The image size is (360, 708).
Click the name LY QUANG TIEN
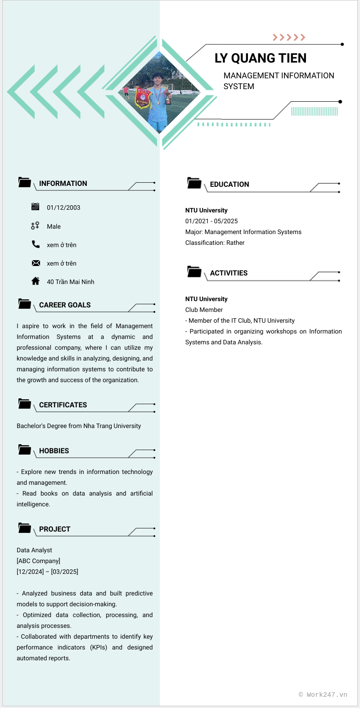261,58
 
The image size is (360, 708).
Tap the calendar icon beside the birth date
36,207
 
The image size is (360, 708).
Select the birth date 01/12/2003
63,207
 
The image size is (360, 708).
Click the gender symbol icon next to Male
35,226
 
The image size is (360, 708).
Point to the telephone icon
36,244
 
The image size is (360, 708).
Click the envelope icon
36,263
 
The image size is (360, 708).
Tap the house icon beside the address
36,281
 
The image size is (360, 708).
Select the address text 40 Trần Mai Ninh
71,282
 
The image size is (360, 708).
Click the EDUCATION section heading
229,184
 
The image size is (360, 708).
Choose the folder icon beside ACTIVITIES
194,272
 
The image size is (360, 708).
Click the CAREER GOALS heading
65,305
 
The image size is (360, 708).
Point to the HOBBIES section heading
54,451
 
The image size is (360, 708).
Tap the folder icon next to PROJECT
25,528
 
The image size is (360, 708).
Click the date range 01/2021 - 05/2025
211,221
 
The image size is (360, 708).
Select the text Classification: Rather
215,243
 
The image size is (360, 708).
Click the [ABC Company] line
39,561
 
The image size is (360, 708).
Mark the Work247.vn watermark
323,694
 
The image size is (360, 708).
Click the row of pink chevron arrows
289,37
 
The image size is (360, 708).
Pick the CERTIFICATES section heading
63,405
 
